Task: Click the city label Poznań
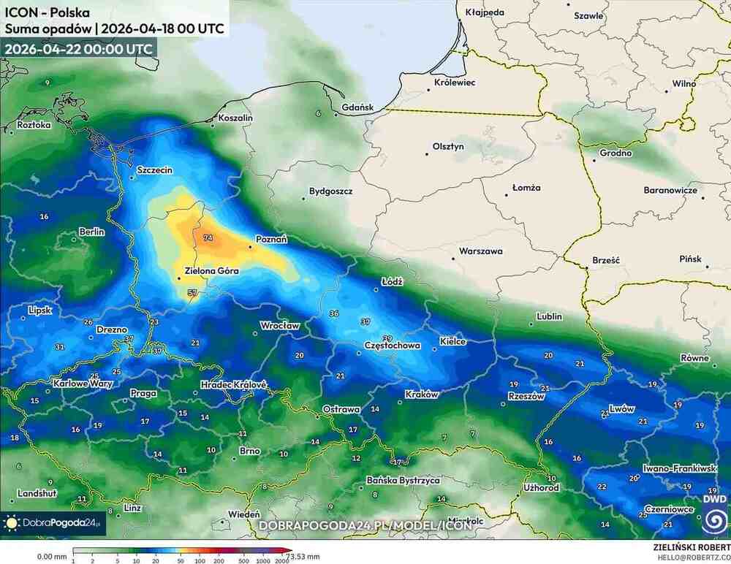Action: coord(271,239)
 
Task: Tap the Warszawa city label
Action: coord(480,251)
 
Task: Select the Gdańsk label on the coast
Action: coord(357,107)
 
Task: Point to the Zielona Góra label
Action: coord(213,271)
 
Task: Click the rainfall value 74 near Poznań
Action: coord(208,238)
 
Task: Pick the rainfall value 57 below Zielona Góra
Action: coord(193,293)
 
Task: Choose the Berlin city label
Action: coord(92,232)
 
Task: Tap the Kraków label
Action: coord(421,395)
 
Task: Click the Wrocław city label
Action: coord(281,326)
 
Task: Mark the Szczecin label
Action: coord(155,170)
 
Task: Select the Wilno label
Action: coord(684,84)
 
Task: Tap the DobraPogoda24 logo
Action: coord(53,523)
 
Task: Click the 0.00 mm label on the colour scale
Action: coord(50,556)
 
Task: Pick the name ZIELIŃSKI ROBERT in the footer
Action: coord(691,546)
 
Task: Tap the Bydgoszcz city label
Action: coord(330,191)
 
